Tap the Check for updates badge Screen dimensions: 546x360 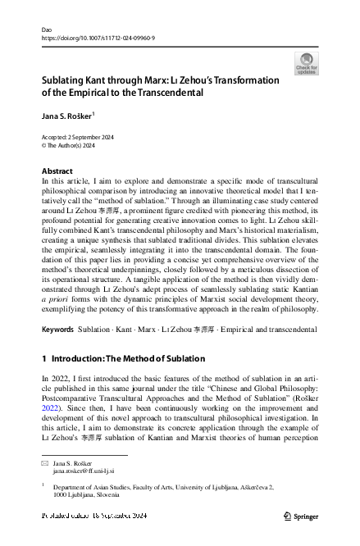pyautogui.click(x=305, y=64)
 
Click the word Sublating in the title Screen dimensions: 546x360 pyautogui.click(x=68, y=81)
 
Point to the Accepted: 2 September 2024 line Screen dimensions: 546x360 pyautogui.click(x=80, y=137)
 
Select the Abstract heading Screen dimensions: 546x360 pyautogui.click(x=57, y=171)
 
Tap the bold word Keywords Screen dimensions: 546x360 pyautogui.click(x=58, y=330)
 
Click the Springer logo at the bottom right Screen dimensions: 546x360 pyautogui.click(x=300, y=516)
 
